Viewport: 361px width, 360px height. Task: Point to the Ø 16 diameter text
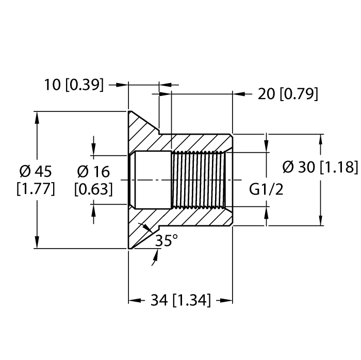tap(93, 170)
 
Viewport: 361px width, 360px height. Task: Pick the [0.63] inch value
tap(93, 189)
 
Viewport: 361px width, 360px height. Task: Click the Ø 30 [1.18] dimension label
tap(320, 168)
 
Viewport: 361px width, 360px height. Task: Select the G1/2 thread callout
tap(266, 189)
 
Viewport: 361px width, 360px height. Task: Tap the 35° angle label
tap(167, 240)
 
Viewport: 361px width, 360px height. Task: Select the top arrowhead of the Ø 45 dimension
tap(37, 116)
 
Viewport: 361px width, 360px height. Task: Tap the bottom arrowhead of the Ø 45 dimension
tap(37, 243)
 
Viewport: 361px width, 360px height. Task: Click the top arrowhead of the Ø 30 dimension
tap(321, 140)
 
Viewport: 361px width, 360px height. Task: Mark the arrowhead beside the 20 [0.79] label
tap(238, 94)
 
